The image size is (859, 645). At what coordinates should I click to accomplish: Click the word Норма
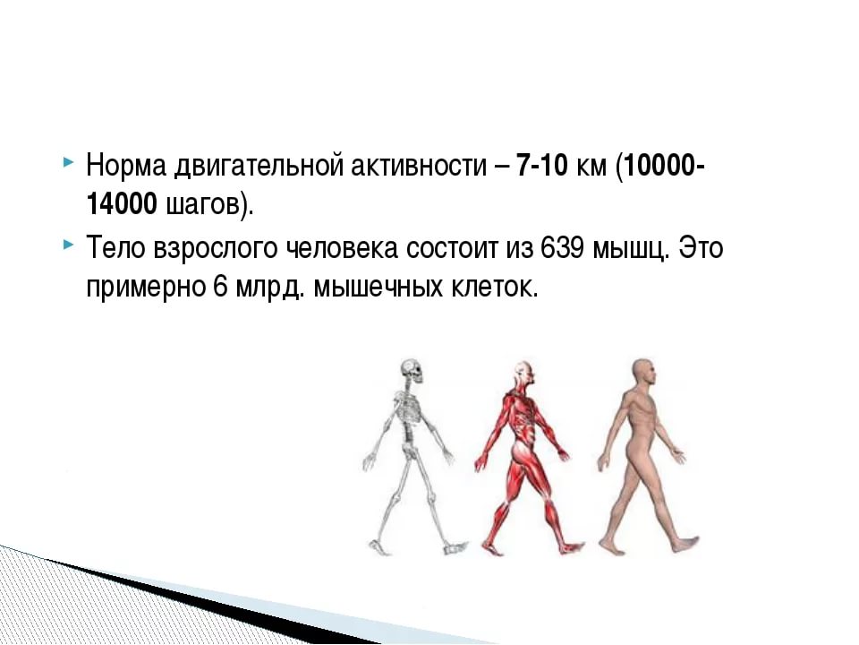pyautogui.click(x=126, y=165)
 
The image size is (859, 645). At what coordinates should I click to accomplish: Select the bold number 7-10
pyautogui.click(x=542, y=165)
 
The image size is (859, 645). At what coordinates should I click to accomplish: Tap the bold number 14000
pyautogui.click(x=122, y=204)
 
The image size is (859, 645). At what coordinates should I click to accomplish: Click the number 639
pyautogui.click(x=562, y=247)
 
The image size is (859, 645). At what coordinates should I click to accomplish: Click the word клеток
pyautogui.click(x=495, y=288)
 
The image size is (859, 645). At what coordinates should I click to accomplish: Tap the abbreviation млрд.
pyautogui.click(x=269, y=288)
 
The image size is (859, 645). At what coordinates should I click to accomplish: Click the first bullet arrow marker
pyautogui.click(x=67, y=162)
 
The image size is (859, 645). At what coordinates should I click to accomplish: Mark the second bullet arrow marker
pyautogui.click(x=67, y=244)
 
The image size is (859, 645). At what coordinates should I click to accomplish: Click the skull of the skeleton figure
pyautogui.click(x=412, y=371)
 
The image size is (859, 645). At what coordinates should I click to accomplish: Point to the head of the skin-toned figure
pyautogui.click(x=643, y=373)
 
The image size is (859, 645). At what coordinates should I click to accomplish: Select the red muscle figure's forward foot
pyautogui.click(x=571, y=546)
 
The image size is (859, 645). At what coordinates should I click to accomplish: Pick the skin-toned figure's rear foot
pyautogui.click(x=611, y=546)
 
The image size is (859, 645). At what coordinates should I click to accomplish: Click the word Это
pyautogui.click(x=702, y=247)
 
